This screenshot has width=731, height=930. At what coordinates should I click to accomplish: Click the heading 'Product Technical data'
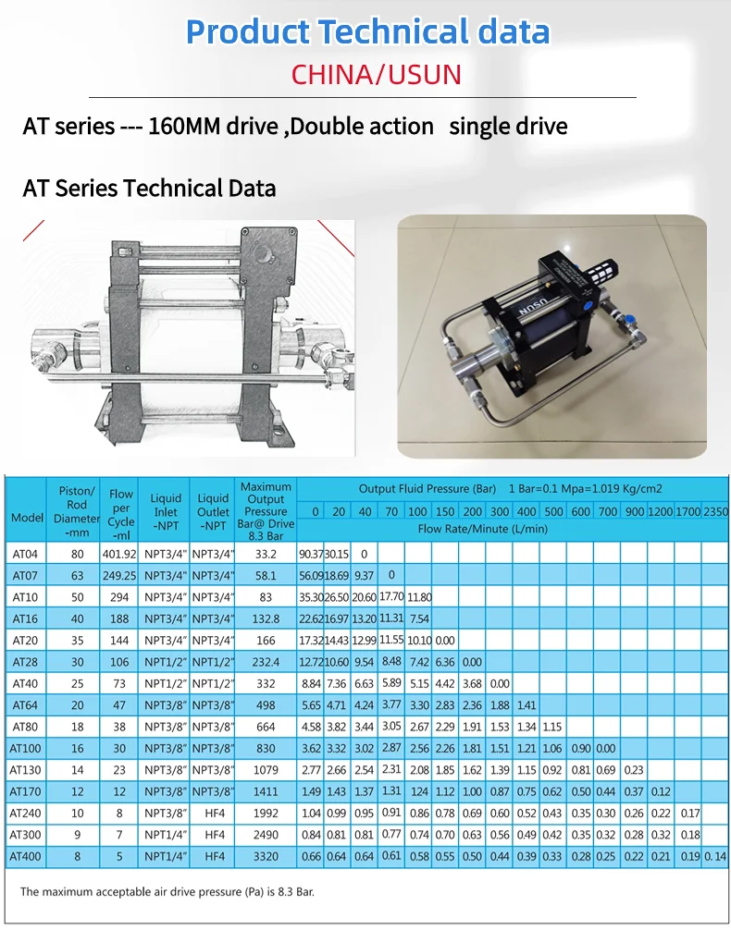367,31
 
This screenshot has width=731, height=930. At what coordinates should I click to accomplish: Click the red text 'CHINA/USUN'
376,74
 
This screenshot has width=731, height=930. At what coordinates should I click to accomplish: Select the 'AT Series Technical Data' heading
149,189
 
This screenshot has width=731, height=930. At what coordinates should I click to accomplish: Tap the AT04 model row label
24,555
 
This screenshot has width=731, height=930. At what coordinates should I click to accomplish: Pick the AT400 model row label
24,857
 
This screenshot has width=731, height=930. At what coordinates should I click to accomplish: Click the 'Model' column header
27,518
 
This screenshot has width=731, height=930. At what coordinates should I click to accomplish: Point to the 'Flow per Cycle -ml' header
121,515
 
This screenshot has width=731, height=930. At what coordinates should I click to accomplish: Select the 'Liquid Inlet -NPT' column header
167,511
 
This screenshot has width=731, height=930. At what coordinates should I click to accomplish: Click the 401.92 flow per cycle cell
121,555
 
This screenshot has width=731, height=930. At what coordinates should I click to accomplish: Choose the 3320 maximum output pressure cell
266,857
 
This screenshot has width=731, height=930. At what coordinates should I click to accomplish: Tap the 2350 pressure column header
715,512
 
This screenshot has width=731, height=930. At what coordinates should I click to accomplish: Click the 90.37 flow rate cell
311,555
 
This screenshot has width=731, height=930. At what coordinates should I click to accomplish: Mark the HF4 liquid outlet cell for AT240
214,814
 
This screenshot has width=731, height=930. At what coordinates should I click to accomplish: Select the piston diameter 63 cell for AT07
77,575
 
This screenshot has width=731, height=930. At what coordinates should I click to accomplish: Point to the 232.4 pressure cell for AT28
266,662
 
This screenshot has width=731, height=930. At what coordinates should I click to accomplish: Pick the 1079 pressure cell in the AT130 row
266,770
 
